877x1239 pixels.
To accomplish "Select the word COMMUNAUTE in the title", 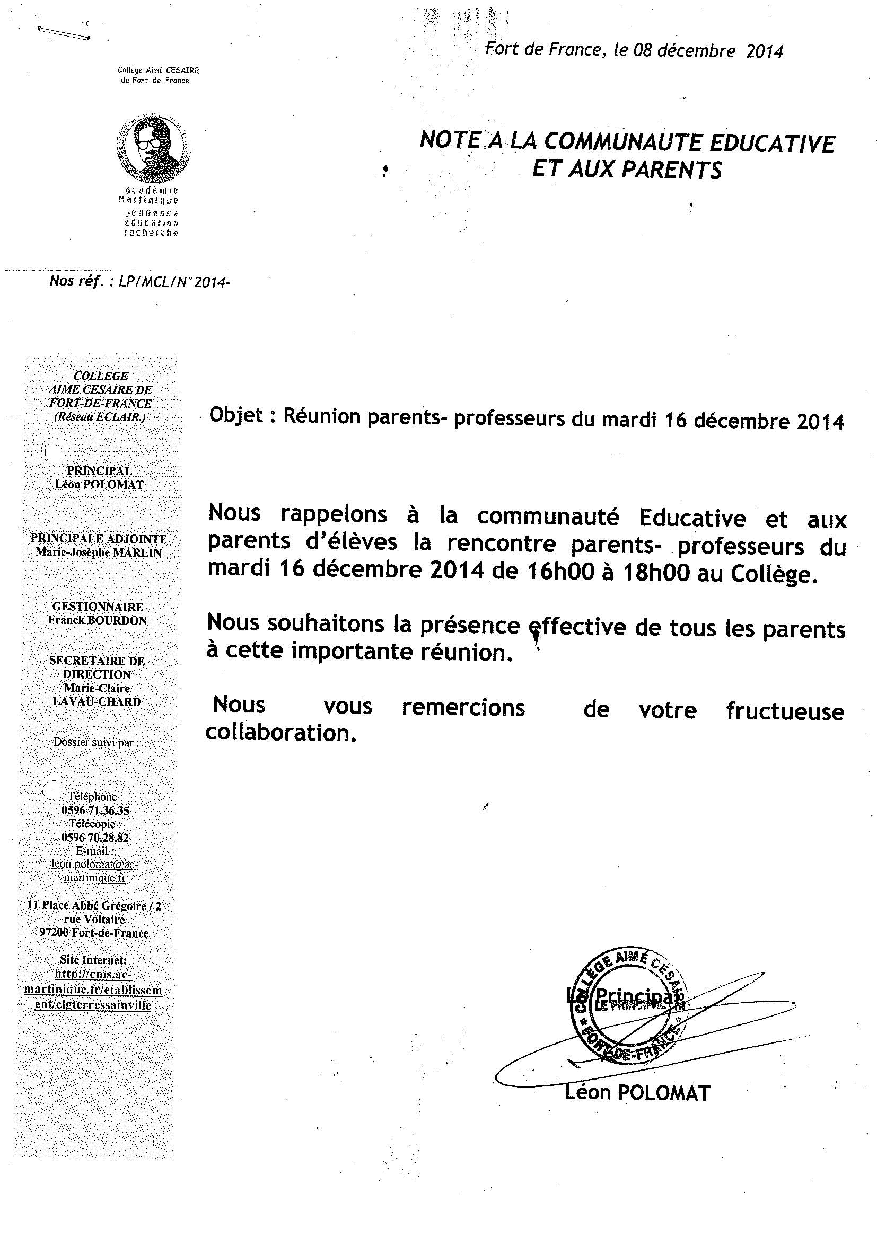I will pyautogui.click(x=621, y=142).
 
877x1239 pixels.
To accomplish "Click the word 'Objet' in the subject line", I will pyautogui.click(x=236, y=415).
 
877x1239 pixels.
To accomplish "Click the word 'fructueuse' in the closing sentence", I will pyautogui.click(x=785, y=711).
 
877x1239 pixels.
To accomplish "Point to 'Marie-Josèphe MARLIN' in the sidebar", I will pyautogui.click(x=99, y=552).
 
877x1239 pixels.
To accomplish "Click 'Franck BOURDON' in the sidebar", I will pyautogui.click(x=98, y=621).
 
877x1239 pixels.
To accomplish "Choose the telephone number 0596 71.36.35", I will pyautogui.click(x=95, y=810).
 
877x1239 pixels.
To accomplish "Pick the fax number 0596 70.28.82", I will pyautogui.click(x=95, y=837).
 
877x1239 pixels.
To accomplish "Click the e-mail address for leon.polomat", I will pyautogui.click(x=95, y=871).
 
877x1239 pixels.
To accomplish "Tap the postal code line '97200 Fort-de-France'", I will pyautogui.click(x=94, y=933).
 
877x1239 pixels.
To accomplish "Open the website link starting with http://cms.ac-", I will pyautogui.click(x=93, y=990).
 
